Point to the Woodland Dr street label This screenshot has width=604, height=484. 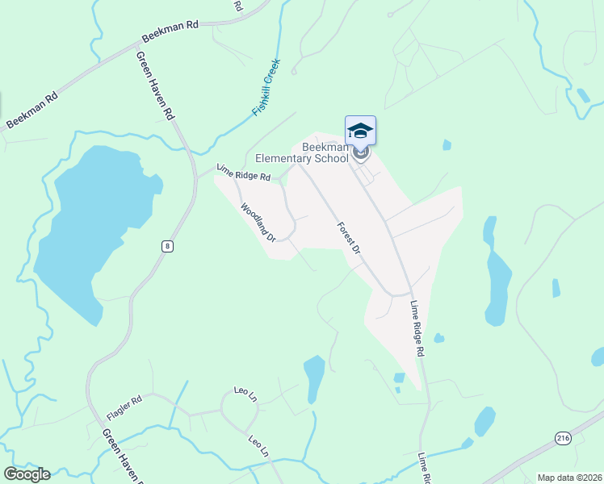click(258, 222)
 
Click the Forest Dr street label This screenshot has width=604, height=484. click(348, 238)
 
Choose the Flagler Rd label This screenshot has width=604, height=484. click(124, 409)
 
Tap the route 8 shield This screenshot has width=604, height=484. click(166, 246)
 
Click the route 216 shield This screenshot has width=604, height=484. click(563, 437)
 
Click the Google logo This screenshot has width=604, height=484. click(27, 474)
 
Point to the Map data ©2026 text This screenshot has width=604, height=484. click(569, 478)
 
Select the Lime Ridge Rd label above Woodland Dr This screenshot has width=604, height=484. click(244, 172)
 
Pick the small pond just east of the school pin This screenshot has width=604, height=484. click(447, 145)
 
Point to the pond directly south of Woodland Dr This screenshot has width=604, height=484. click(313, 378)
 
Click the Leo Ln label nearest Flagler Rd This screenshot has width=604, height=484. click(233, 396)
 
